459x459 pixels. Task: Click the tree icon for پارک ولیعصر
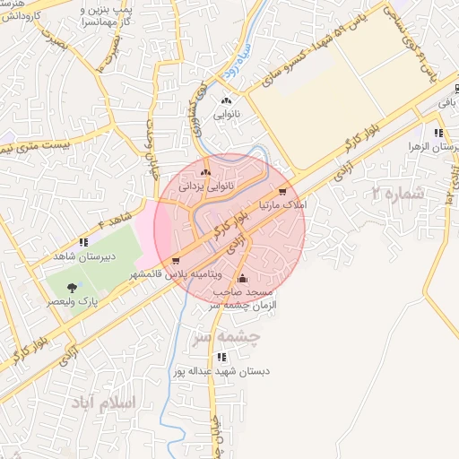pos(74,288)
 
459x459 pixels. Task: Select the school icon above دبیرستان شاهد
pos(83,241)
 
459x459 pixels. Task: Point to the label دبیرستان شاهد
pos(83,255)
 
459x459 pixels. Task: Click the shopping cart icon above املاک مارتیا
pos(282,191)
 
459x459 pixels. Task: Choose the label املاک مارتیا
pos(283,205)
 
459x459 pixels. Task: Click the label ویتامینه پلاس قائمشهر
pos(175,274)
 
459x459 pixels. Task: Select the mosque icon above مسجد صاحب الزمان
pos(242,278)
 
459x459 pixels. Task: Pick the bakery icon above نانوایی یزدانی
pos(206,172)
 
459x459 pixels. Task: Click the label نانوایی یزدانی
pos(207,186)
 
